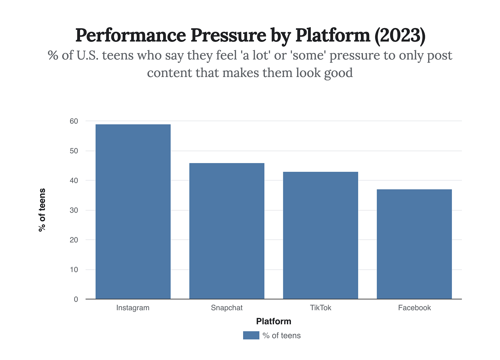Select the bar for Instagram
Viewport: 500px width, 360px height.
pos(133,212)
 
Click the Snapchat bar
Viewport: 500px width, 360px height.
pos(227,231)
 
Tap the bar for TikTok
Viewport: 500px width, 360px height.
pos(320,235)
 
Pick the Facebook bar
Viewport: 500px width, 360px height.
pos(414,244)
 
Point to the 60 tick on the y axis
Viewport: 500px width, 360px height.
pos(74,121)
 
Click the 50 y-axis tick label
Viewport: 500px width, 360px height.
pos(74,151)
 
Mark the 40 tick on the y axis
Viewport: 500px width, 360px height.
pos(74,180)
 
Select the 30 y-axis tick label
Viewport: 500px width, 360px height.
pos(74,210)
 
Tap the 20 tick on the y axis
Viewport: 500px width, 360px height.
pos(74,240)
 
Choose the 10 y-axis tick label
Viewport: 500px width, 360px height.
pos(74,270)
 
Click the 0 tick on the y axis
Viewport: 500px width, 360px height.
pos(76,299)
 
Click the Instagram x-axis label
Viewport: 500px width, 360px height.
pos(133,308)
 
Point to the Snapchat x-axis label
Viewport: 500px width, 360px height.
pos(227,308)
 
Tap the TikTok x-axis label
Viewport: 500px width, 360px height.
pos(320,308)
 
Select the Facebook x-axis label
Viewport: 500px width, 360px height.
pos(414,308)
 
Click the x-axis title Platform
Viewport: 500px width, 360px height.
pos(274,322)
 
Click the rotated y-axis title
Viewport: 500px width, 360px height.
pos(42,210)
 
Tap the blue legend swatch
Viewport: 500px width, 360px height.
pos(251,335)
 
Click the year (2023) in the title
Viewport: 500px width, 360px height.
pos(400,35)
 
